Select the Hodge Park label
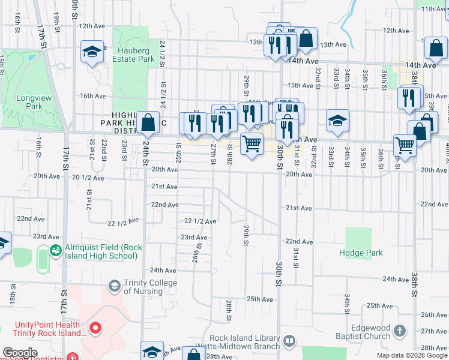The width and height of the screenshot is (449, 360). point(360,253)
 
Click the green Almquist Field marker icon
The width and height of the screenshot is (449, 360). point(56,250)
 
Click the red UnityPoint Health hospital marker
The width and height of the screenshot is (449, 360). point(95,328)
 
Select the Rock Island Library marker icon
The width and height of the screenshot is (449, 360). point(289,341)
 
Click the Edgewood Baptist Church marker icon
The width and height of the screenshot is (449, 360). point(398,330)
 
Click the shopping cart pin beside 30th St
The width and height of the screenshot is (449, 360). point(252,143)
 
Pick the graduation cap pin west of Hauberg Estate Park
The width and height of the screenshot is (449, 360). point(92,52)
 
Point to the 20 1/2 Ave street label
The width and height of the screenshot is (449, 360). point(88,178)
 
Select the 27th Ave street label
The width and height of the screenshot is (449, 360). point(433,331)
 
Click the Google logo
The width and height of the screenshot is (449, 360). point(20,353)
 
